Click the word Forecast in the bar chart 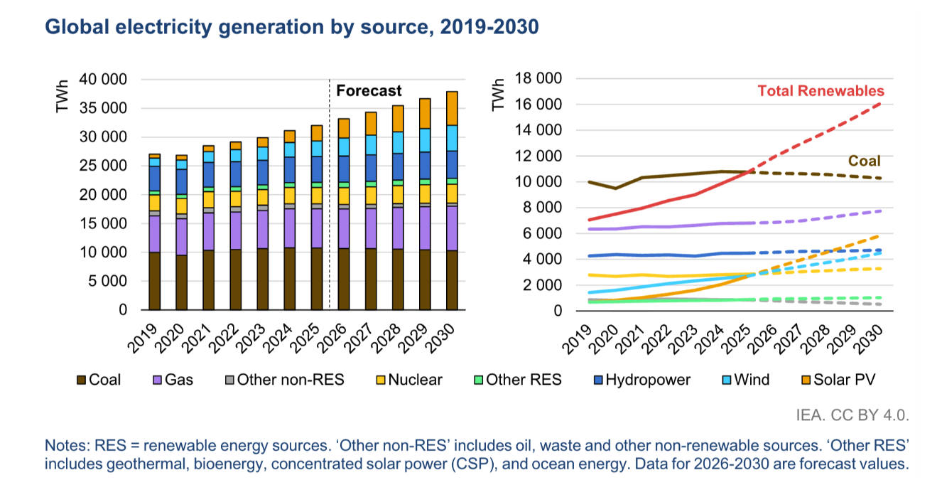tap(369, 91)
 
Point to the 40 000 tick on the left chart tap(103, 80)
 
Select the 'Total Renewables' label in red tap(821, 91)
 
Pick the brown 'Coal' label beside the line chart tap(865, 161)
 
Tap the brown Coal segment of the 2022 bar tap(236, 279)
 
